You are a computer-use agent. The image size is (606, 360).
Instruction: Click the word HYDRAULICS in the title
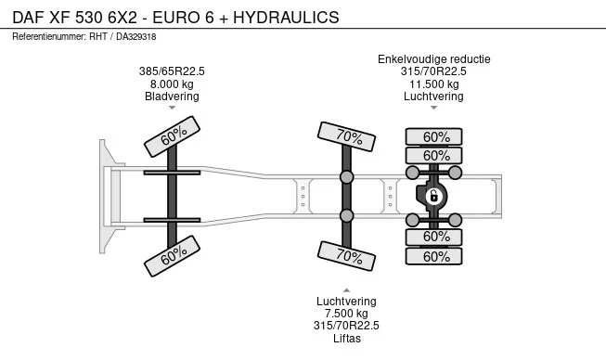tap(286, 18)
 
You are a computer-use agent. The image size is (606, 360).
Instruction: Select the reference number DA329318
tap(136, 37)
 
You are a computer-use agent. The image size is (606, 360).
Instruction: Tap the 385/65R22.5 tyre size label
tap(172, 71)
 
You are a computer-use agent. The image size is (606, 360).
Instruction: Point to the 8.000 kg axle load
tap(172, 84)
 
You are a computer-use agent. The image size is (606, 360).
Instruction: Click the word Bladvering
tap(172, 96)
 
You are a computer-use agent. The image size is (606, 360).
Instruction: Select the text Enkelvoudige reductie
tap(434, 59)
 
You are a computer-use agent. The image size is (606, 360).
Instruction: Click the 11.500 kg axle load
tap(434, 84)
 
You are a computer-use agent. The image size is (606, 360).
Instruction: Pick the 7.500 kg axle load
tap(346, 314)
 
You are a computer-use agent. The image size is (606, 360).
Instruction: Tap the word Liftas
tap(347, 339)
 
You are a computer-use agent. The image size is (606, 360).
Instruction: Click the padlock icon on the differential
tap(433, 196)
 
